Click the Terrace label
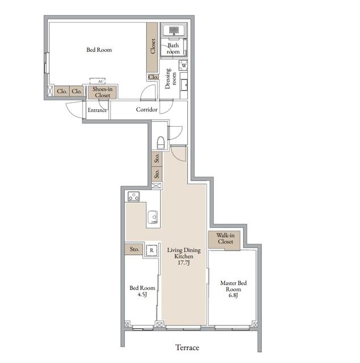[187, 347]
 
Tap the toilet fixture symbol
[161, 143]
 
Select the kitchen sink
[153, 217]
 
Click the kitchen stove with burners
[134, 197]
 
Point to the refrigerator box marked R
[152, 251]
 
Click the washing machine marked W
[184, 65]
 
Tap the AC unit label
[101, 81]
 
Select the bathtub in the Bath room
[174, 30]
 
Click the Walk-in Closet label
[225, 239]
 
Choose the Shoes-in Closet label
[102, 92]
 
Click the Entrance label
[97, 110]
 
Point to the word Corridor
[146, 109]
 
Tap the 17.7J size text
[184, 262]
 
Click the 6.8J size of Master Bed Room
[233, 295]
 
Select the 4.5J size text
[142, 294]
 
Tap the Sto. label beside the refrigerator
[134, 249]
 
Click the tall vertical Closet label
[153, 46]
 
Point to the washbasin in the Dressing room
[184, 85]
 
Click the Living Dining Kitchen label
[184, 253]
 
